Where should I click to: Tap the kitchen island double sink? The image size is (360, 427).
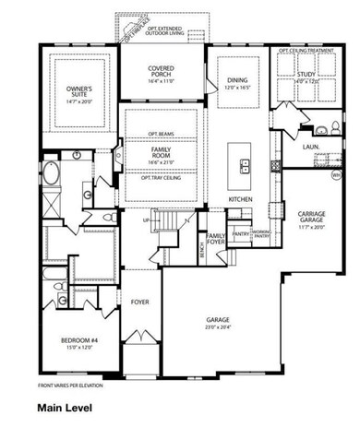click(246, 167)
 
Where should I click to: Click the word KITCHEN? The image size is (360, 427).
click(241, 199)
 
